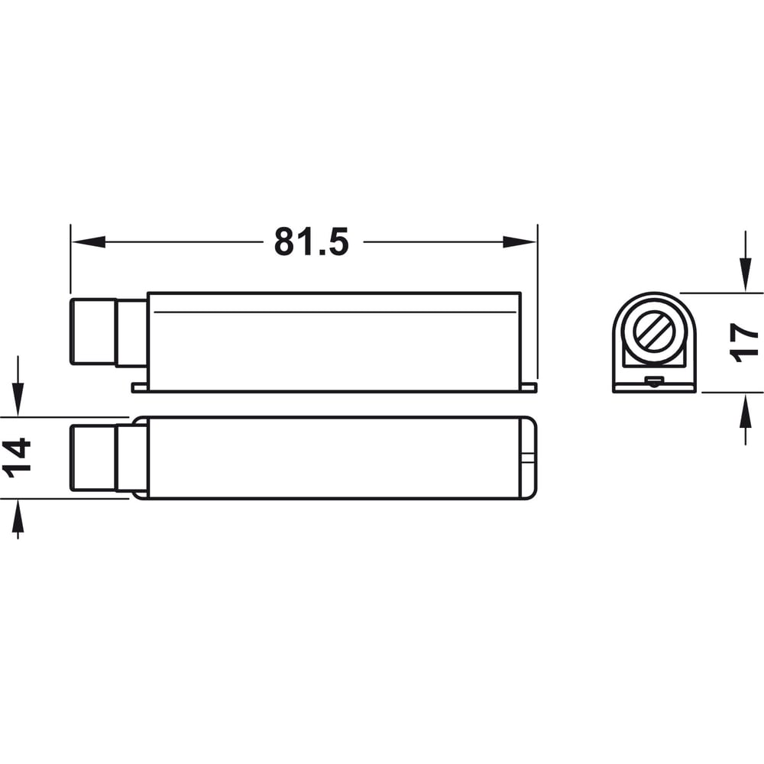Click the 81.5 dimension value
point(312,241)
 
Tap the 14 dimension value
point(17,458)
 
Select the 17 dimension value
point(743,342)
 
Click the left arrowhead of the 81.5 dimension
point(88,241)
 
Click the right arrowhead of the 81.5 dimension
point(520,241)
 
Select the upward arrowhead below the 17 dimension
point(745,410)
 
